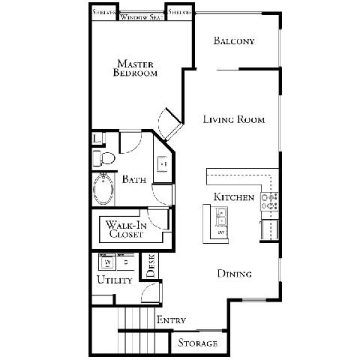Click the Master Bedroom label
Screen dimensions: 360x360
tap(135, 67)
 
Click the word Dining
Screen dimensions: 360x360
tap(234, 274)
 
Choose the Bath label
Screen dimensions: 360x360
tap(134, 180)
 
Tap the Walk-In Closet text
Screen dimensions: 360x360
tap(125, 229)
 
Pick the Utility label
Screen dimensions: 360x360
tap(114, 280)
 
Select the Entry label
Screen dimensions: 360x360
tap(170, 320)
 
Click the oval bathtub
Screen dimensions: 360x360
tap(103, 189)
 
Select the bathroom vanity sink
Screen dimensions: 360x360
tap(162, 163)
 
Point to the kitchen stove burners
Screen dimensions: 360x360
tap(269, 200)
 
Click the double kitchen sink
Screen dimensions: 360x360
tap(221, 222)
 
